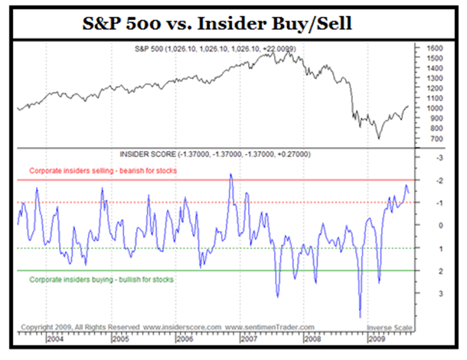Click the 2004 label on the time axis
[x=55, y=338]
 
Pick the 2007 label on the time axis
[x=247, y=338]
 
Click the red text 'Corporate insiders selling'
[x=103, y=170]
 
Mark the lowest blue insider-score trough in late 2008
[x=359, y=316]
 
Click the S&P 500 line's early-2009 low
[x=377, y=139]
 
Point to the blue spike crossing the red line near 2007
[x=230, y=175]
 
